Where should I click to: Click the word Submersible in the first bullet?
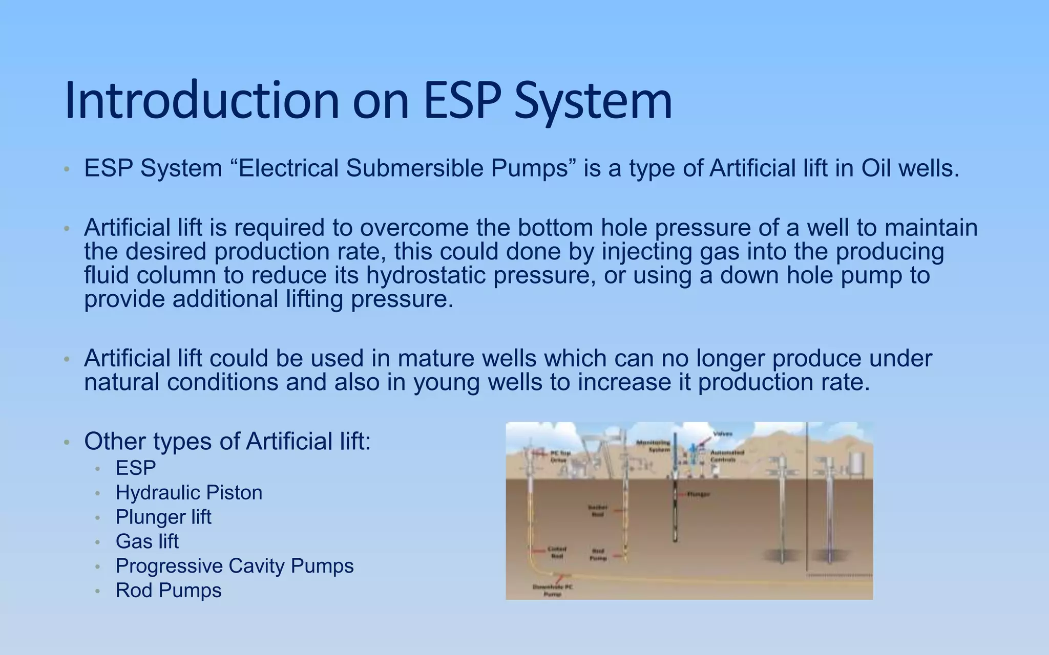click(414, 168)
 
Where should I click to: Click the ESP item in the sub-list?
click(135, 468)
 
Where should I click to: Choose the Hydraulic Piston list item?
click(188, 492)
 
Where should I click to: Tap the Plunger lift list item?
click(163, 517)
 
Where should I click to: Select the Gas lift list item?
click(147, 541)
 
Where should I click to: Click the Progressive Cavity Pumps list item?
click(234, 566)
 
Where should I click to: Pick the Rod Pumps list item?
click(168, 591)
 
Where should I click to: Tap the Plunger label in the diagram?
click(698, 494)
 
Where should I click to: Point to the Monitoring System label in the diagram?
click(653, 446)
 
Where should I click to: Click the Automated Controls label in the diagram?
click(727, 456)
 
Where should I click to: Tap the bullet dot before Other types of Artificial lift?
click(66, 442)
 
